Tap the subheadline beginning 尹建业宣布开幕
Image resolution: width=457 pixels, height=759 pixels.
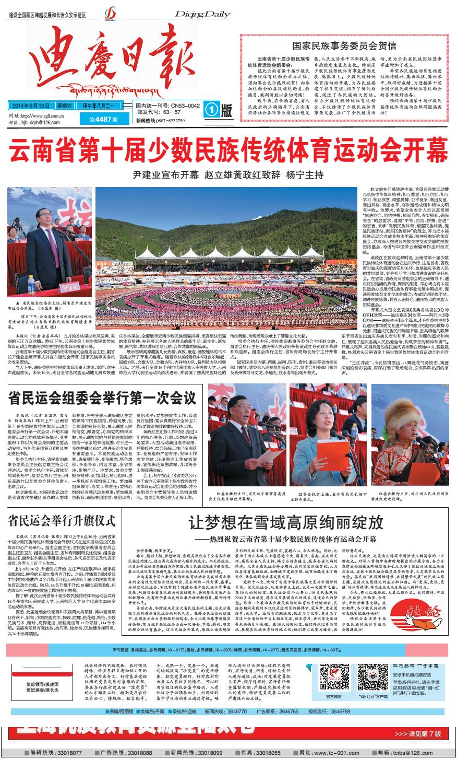tap(228, 174)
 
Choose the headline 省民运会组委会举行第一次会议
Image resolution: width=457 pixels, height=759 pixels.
tap(102, 399)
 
